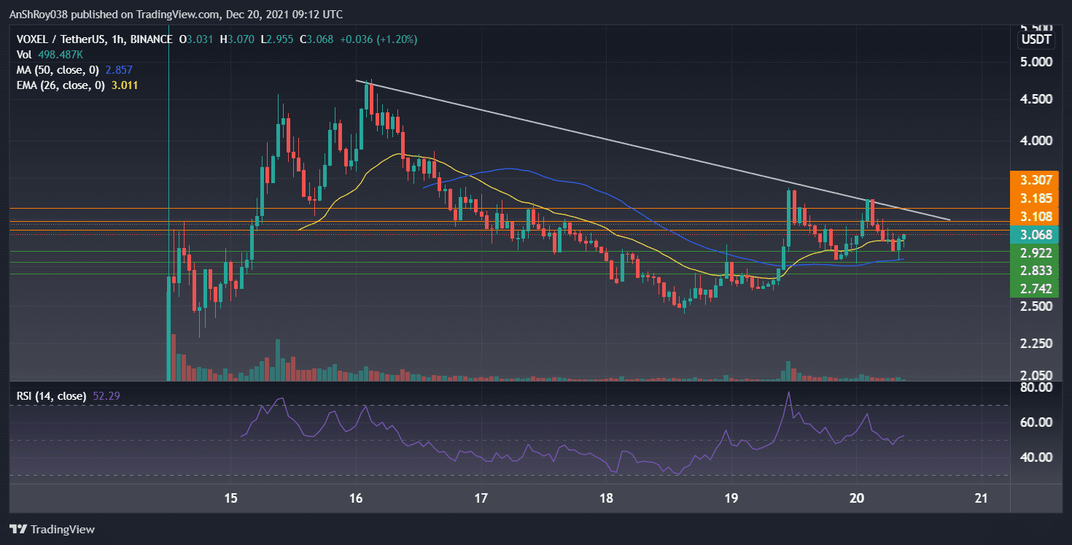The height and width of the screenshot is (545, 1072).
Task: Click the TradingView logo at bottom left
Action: coord(52,529)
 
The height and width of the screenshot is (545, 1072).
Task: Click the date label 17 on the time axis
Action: coord(481,498)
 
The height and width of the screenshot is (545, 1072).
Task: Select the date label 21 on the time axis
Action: coord(981,498)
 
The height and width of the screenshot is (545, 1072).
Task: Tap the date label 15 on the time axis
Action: coord(231,498)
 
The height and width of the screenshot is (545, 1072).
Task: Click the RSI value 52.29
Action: coord(104,396)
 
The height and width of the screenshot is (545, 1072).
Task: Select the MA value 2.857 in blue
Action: coord(119,69)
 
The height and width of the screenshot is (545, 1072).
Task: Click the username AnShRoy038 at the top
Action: coord(39,14)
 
